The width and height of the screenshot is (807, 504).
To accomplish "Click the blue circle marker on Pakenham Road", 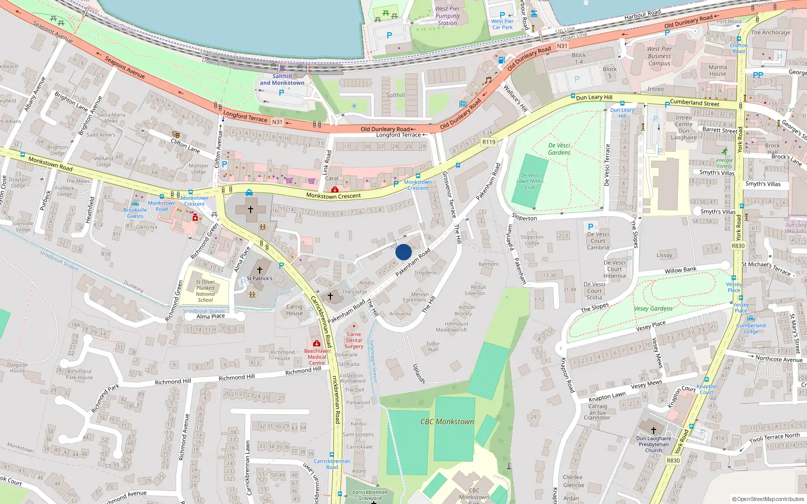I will pyautogui.click(x=403, y=252).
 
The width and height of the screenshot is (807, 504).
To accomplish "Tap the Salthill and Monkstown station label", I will pyautogui.click(x=282, y=80).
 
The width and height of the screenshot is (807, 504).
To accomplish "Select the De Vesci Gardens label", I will pyautogui.click(x=559, y=149).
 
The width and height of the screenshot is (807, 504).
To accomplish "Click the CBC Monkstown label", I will pyautogui.click(x=447, y=421).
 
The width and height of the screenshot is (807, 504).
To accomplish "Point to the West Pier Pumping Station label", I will pyautogui.click(x=447, y=16).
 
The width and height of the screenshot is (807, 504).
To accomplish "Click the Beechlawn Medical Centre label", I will pyautogui.click(x=317, y=357).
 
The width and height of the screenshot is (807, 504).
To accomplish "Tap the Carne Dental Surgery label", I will pyautogui.click(x=354, y=340).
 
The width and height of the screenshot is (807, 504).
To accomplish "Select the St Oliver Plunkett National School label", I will pyautogui.click(x=205, y=291).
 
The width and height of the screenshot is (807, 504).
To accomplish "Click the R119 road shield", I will pyautogui.click(x=489, y=142).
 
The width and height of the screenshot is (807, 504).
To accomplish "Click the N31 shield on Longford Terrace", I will pyautogui.click(x=277, y=122).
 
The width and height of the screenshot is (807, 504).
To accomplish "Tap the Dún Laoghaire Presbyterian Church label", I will pyautogui.click(x=654, y=444).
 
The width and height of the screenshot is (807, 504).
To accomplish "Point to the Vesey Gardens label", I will pyautogui.click(x=653, y=308).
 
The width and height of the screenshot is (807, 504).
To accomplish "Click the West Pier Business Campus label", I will pyautogui.click(x=659, y=56).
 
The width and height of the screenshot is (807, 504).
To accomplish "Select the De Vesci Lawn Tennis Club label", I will pyautogui.click(x=530, y=181).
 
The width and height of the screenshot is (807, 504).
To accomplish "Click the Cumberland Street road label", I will pyautogui.click(x=695, y=103).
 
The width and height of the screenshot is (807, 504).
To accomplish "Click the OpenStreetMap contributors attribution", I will pyautogui.click(x=768, y=499).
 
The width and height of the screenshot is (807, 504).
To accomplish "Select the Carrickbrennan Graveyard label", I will pyautogui.click(x=370, y=495).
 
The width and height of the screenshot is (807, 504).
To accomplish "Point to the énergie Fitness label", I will pyautogui.click(x=724, y=163).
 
